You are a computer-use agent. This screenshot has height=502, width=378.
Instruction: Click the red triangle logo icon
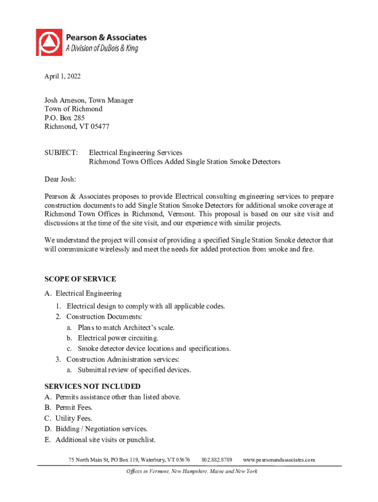[49, 42]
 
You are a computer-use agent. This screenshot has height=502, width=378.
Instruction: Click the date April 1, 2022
[63, 76]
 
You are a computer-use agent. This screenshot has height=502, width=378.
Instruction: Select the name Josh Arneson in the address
[65, 100]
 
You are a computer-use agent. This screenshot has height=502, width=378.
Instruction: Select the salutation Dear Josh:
[60, 179]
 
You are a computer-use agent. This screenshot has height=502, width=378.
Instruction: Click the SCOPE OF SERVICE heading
[80, 279]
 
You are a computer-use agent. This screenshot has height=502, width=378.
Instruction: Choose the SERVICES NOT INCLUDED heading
[92, 386]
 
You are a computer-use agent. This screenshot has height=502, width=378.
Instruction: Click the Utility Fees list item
[74, 418]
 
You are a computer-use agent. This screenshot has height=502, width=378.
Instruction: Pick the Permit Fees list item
[74, 407]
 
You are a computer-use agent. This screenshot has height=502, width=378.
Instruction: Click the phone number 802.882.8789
[217, 460]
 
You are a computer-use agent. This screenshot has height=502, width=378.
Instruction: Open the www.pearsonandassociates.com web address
[279, 460]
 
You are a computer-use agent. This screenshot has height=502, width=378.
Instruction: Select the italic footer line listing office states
[189, 472]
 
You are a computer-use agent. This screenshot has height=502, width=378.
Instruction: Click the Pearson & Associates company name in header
[106, 37]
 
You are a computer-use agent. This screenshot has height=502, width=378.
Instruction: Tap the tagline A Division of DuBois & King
[102, 48]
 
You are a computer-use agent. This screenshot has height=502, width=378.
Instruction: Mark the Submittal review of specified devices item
[134, 370]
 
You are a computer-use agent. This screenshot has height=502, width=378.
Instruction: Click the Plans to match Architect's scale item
[126, 327]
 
